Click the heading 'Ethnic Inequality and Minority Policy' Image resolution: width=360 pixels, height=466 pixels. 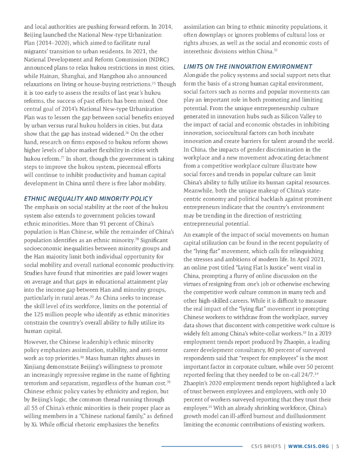[x=88, y=199]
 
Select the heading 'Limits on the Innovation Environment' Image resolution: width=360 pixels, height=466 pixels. [x=248, y=67]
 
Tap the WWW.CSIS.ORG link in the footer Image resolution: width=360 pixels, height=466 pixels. [x=308, y=446]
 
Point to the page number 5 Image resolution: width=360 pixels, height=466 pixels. [x=337, y=446]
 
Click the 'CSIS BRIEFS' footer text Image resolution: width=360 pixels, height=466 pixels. [x=266, y=446]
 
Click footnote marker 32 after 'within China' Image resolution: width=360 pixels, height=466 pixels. [x=276, y=50]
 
